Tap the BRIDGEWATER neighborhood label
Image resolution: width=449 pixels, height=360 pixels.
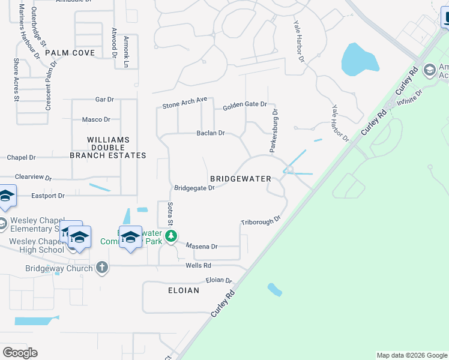[x=241, y=179]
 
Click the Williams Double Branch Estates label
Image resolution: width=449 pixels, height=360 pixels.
[x=108, y=148]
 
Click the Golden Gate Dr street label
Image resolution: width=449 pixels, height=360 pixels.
[x=244, y=105]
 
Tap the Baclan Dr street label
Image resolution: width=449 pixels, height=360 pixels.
[x=210, y=133]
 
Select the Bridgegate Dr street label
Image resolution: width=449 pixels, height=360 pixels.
[x=194, y=188]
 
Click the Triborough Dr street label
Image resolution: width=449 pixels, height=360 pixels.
[x=261, y=221]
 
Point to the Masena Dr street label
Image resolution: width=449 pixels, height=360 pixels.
[x=202, y=246]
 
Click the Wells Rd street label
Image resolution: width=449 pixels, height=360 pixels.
[x=198, y=265]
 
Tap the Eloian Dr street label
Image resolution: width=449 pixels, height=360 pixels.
[x=218, y=280]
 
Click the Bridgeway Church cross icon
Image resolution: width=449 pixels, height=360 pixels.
[x=102, y=267]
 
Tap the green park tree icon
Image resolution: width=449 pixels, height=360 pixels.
[x=171, y=236]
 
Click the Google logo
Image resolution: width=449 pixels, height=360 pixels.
[x=20, y=353]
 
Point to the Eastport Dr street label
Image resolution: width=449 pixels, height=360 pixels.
[x=48, y=196]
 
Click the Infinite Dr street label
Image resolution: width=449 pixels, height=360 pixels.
[x=410, y=98]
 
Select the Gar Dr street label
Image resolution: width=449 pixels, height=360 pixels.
[x=104, y=99]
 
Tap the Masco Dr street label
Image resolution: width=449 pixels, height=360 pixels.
[x=96, y=119]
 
